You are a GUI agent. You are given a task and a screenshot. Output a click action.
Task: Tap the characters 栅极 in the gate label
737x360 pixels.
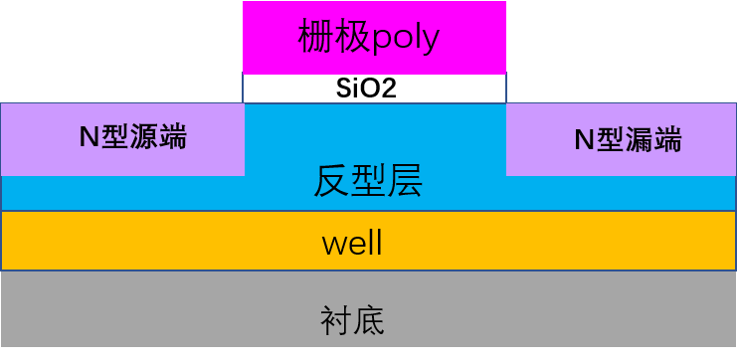pos(330,38)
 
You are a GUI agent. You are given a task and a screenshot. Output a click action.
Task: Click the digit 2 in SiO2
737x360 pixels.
pos(390,89)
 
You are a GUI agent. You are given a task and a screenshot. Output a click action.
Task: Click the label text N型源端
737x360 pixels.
pos(132,137)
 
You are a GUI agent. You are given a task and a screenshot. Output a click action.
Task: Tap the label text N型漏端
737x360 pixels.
pos(628,140)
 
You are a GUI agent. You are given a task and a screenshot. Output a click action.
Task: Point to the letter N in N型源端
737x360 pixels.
pos(88,138)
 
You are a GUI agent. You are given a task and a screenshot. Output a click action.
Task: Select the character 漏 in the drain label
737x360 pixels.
pos(642,140)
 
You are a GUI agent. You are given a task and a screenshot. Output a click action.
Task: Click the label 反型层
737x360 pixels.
pos(368,182)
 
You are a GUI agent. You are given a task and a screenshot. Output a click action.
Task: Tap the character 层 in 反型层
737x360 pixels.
pos(405,182)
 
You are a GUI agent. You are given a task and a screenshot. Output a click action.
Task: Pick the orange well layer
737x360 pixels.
pos(149,242)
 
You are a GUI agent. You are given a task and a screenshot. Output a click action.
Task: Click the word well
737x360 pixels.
pos(352,243)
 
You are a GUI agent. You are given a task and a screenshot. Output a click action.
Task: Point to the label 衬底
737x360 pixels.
pos(352,320)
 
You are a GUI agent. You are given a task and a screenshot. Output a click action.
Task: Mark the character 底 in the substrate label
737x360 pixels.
pos(369,320)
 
